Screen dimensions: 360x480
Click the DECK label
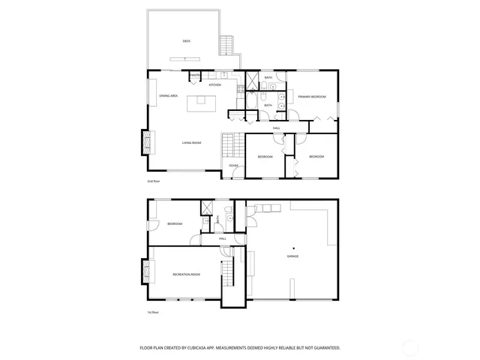click(186, 41)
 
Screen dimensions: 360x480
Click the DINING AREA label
click(168, 96)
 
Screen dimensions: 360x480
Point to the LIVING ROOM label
click(191, 142)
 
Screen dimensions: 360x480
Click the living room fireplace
click(147, 141)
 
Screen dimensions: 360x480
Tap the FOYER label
click(233, 165)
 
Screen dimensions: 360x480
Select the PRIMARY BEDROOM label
click(311, 97)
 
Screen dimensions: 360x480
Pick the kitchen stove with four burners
click(240, 89)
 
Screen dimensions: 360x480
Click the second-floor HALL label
click(277, 128)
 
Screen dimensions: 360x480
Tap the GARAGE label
click(292, 256)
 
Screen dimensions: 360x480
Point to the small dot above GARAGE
click(294, 247)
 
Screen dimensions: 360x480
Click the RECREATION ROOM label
click(186, 274)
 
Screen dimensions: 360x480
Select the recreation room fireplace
click(145, 271)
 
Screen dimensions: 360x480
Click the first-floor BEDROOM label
click(175, 224)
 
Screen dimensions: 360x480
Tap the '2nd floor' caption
click(153, 181)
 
